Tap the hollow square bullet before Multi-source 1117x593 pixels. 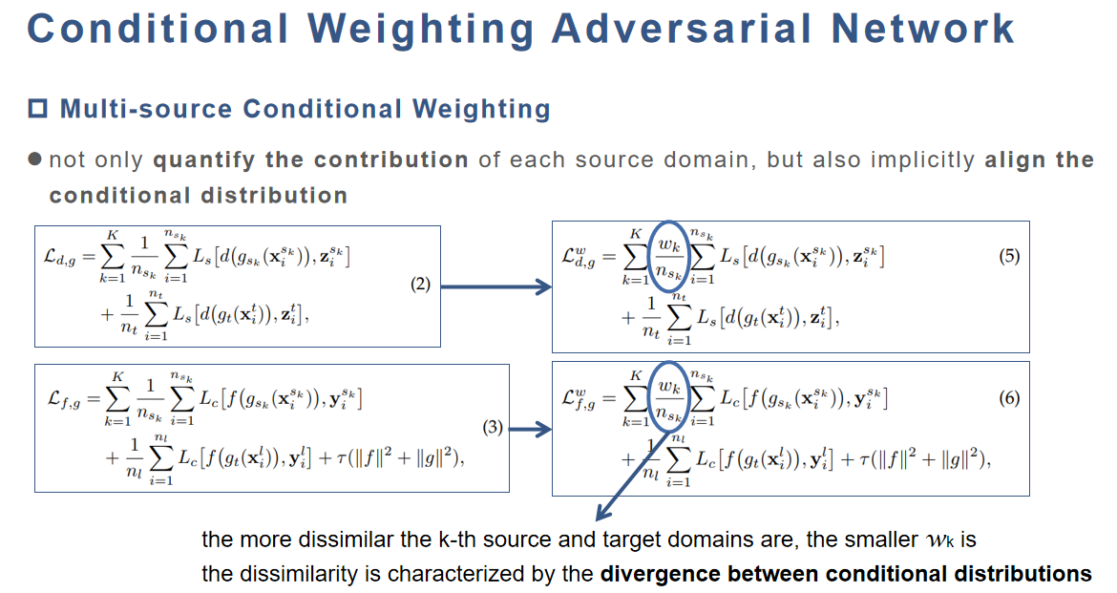(37, 108)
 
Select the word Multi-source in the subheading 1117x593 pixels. (146, 109)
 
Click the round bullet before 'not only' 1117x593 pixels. (35, 159)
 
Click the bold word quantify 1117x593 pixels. (203, 159)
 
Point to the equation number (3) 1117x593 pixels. (492, 427)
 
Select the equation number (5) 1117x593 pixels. (1009, 256)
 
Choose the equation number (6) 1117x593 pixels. (1009, 398)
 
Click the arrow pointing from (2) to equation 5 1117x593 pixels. (496, 286)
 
